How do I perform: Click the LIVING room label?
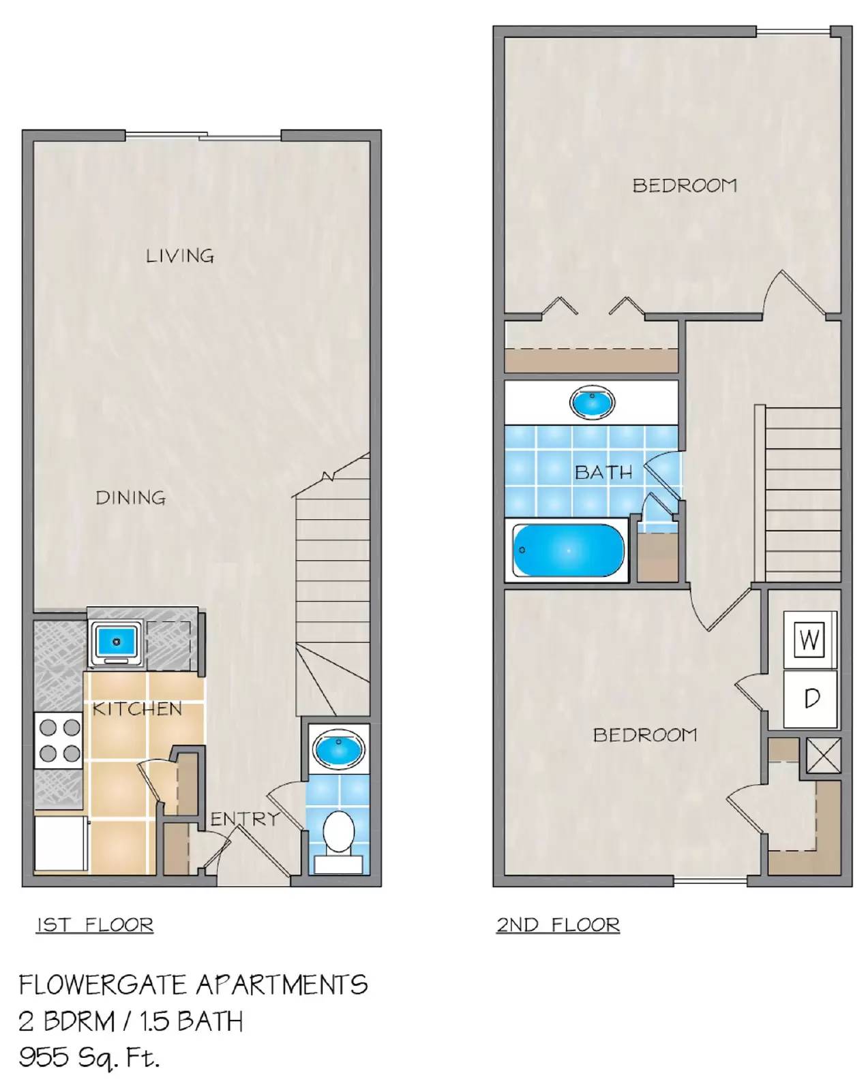click(x=180, y=256)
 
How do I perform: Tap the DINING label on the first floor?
click(x=130, y=498)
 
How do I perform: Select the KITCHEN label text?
click(x=137, y=709)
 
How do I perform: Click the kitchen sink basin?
click(x=116, y=642)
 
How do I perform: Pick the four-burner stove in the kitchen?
click(x=59, y=741)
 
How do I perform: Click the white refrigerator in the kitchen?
click(x=61, y=843)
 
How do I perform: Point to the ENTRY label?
click(x=244, y=818)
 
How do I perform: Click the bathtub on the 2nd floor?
click(x=567, y=550)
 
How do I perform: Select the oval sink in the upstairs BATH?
click(x=592, y=403)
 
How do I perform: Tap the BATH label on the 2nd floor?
click(x=603, y=472)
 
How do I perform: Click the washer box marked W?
click(x=809, y=640)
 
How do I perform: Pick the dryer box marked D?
click(x=810, y=698)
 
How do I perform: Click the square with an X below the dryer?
click(x=823, y=756)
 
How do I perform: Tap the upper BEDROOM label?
click(x=685, y=185)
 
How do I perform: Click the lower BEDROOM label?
click(x=645, y=735)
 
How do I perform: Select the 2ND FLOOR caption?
click(x=558, y=925)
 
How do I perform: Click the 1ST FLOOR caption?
click(x=95, y=925)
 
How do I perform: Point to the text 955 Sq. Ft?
click(x=89, y=1057)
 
